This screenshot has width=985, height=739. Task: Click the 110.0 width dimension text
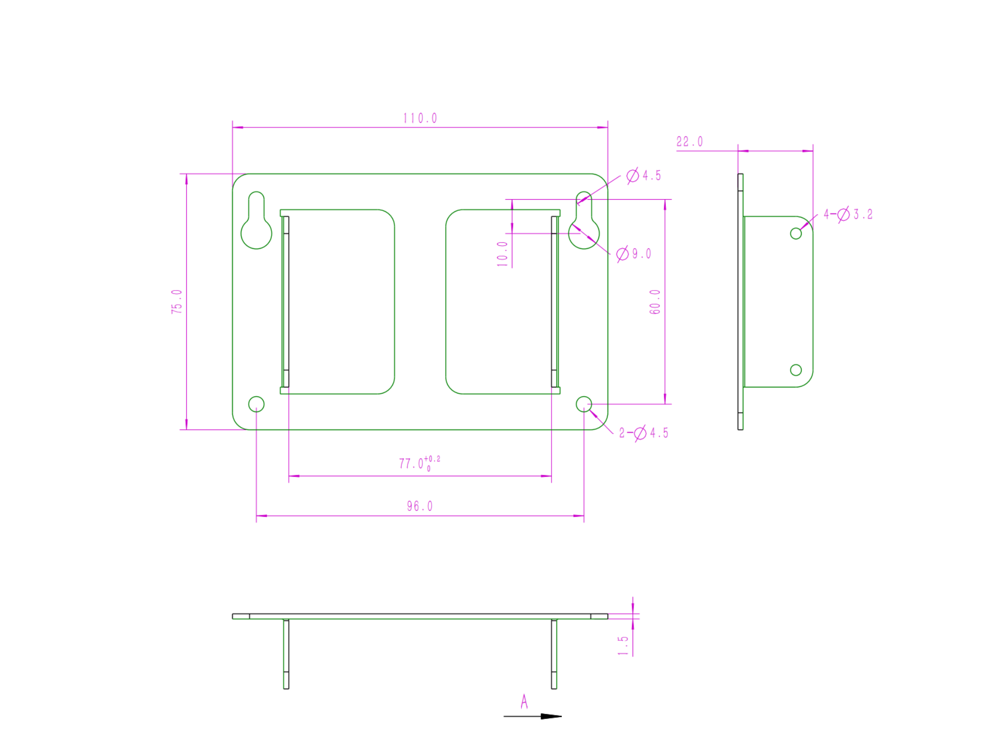click(420, 119)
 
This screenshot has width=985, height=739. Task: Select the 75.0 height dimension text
click(176, 301)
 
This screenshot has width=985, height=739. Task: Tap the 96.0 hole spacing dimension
click(420, 506)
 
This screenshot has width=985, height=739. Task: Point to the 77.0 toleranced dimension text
click(419, 463)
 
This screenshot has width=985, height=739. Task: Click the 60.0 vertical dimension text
click(655, 301)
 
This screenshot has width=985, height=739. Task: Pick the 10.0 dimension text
click(502, 254)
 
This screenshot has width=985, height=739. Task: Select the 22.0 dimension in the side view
click(689, 142)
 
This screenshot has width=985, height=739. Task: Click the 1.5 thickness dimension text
click(623, 645)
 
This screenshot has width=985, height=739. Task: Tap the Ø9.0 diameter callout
click(634, 254)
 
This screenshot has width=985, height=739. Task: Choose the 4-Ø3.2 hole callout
click(848, 214)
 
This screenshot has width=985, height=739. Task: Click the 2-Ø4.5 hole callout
click(644, 433)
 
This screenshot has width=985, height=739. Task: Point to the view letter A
click(524, 701)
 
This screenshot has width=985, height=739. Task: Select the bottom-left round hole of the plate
click(256, 404)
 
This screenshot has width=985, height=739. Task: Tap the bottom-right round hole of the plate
click(584, 404)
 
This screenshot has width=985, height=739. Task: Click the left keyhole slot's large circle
click(256, 234)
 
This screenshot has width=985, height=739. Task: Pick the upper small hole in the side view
click(796, 234)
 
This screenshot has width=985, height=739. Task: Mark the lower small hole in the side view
click(796, 369)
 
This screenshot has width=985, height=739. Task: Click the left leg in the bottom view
click(286, 654)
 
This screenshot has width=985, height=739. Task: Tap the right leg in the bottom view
click(554, 654)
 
